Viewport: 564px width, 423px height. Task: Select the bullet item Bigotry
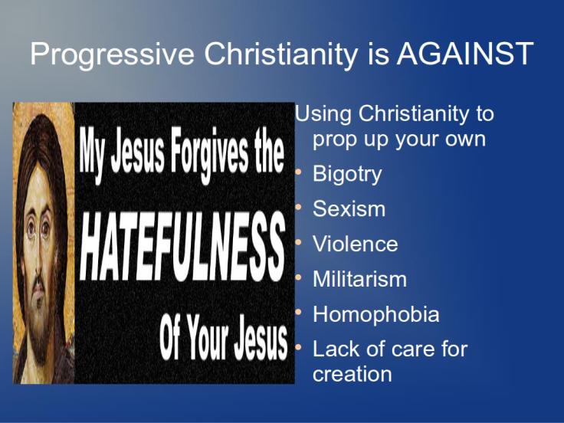coord(346,174)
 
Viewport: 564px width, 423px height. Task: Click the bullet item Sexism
coord(349,209)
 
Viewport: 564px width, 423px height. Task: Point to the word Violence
coord(355,244)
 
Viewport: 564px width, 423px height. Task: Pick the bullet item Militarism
coord(359,280)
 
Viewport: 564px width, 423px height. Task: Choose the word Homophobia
coord(375,315)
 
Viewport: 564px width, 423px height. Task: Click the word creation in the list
coord(352,374)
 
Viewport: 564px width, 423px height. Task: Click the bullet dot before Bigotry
coord(300,173)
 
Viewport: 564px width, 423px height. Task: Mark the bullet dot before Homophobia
coord(300,313)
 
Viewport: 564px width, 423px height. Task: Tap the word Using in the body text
coord(323,115)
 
